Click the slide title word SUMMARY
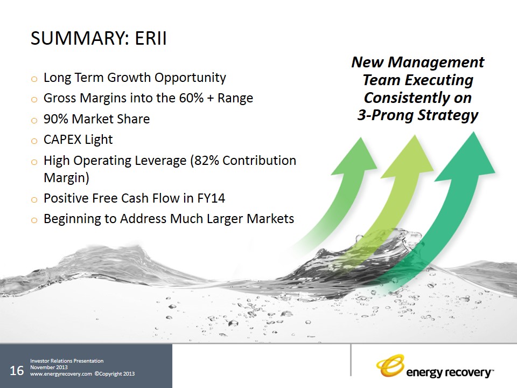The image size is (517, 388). pos(78,38)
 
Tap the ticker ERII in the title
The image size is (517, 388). pos(150,38)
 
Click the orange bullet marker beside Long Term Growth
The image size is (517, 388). pos(34,79)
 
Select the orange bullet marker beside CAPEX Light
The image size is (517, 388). pos(34,141)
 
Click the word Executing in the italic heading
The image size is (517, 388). pos(439,80)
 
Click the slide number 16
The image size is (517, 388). pos(17,371)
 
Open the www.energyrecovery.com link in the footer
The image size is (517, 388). pos(61,374)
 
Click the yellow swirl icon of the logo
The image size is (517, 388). pos(390,365)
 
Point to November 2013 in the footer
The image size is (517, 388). pos(49,367)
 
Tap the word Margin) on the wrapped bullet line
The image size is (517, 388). pos(66,178)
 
